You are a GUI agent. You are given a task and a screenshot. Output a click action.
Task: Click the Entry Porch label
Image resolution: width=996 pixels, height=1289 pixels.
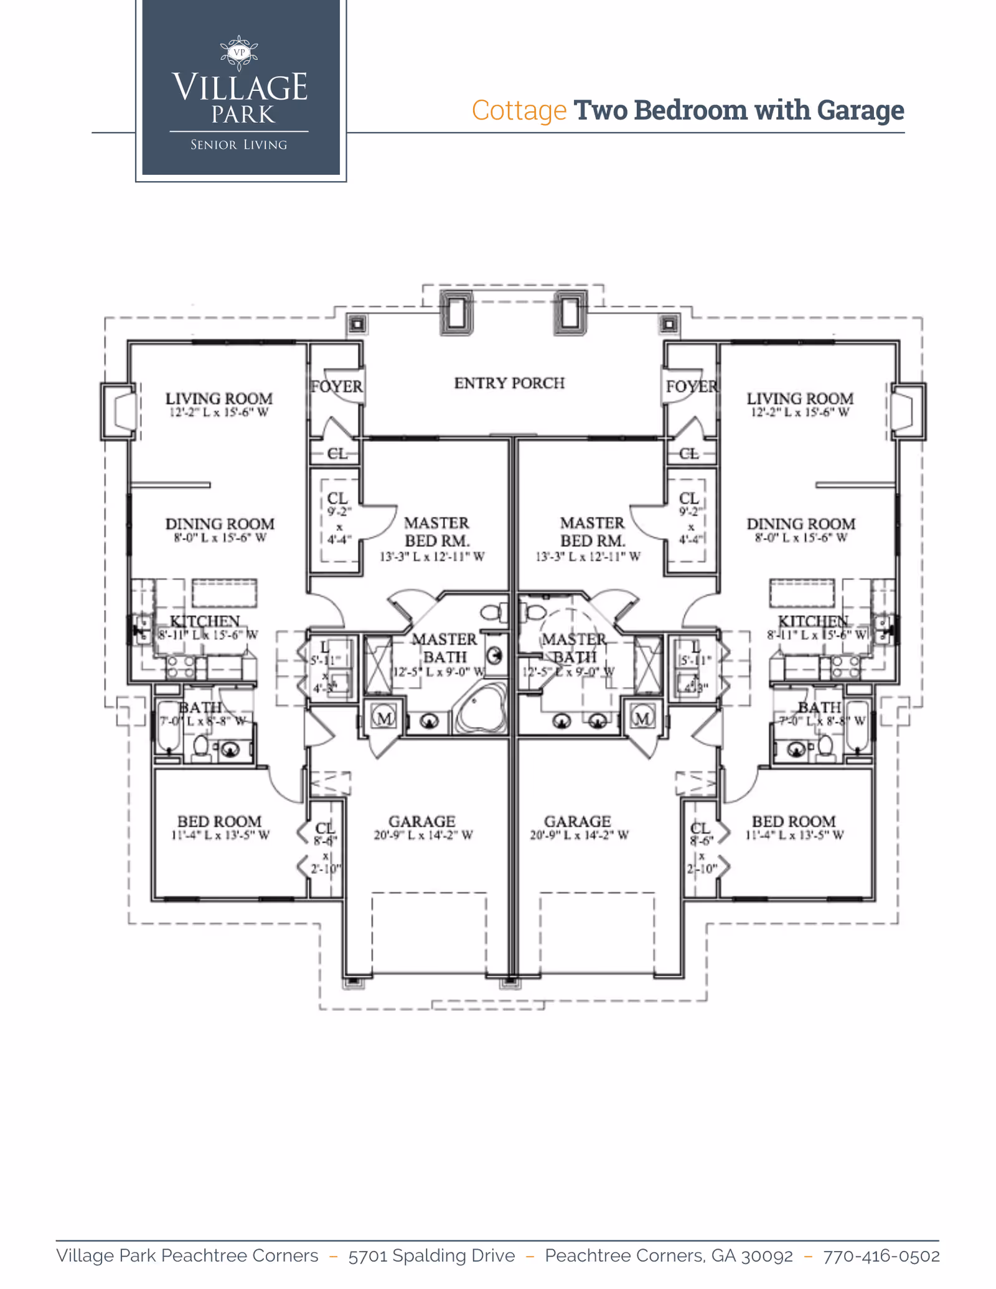click(509, 383)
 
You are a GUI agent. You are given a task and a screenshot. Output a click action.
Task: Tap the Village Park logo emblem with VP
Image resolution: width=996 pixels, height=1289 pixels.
click(239, 53)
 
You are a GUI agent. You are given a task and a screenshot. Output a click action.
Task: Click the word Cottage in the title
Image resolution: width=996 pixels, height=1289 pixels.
click(519, 110)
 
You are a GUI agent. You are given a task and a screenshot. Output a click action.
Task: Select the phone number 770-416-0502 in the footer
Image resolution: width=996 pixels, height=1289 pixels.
click(881, 1255)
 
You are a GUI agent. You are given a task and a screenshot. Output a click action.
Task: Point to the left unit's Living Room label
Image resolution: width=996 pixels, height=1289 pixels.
click(218, 398)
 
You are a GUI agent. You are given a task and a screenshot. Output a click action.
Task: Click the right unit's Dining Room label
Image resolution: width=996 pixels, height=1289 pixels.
click(801, 524)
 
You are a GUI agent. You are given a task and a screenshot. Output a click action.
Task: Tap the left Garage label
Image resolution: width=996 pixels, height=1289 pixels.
click(422, 822)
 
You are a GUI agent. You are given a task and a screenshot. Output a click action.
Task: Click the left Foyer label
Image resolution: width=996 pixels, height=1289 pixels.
click(336, 387)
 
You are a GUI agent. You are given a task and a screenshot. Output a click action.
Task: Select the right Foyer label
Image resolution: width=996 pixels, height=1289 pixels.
click(691, 387)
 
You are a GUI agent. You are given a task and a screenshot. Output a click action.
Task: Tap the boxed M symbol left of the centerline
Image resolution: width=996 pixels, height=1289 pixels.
click(384, 718)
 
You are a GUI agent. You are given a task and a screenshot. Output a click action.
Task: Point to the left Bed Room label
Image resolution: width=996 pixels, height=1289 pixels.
click(219, 822)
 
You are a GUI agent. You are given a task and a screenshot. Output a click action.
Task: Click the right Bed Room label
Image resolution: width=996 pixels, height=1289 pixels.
click(793, 822)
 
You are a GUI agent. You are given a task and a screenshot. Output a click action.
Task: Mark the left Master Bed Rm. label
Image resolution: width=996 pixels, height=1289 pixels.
click(436, 532)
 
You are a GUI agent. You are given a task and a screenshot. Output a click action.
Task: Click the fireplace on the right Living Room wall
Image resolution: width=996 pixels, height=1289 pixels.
click(907, 411)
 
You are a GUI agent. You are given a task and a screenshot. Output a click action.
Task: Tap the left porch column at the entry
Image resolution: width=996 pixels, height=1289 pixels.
click(456, 312)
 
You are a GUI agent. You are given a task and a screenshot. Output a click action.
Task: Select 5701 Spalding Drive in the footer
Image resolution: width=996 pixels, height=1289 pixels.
click(431, 1255)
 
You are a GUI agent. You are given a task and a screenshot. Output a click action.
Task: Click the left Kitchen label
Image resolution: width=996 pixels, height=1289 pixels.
click(205, 621)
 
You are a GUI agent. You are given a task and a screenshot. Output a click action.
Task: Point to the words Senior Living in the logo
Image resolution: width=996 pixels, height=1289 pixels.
click(239, 145)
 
